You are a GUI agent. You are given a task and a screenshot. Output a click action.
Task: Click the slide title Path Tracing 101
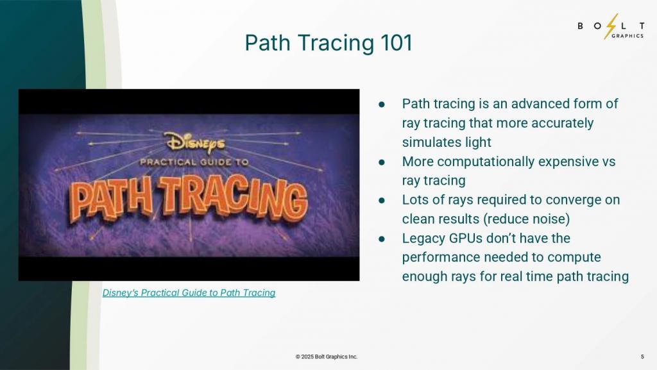[x=328, y=43]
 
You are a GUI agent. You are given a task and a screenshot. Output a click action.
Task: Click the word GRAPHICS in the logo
[x=627, y=36]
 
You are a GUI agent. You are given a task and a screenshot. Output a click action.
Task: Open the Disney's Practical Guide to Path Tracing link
[x=189, y=292]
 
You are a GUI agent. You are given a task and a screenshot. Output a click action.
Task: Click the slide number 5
[x=642, y=357]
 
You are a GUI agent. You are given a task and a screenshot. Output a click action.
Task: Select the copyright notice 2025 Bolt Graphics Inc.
[x=327, y=357]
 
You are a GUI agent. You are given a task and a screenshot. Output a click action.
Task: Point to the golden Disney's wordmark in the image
[x=196, y=142]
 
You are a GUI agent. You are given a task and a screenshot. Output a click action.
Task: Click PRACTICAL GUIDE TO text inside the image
[x=194, y=162]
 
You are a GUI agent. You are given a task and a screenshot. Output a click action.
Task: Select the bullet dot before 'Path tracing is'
[x=382, y=105]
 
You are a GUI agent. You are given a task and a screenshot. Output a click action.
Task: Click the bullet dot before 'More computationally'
[x=382, y=162]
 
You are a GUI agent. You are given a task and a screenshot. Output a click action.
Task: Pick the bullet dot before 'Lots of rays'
[x=382, y=201]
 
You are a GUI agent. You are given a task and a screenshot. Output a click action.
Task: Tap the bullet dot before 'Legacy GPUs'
[x=382, y=239]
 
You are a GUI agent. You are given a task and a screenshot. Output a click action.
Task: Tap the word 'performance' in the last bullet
[x=439, y=257]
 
